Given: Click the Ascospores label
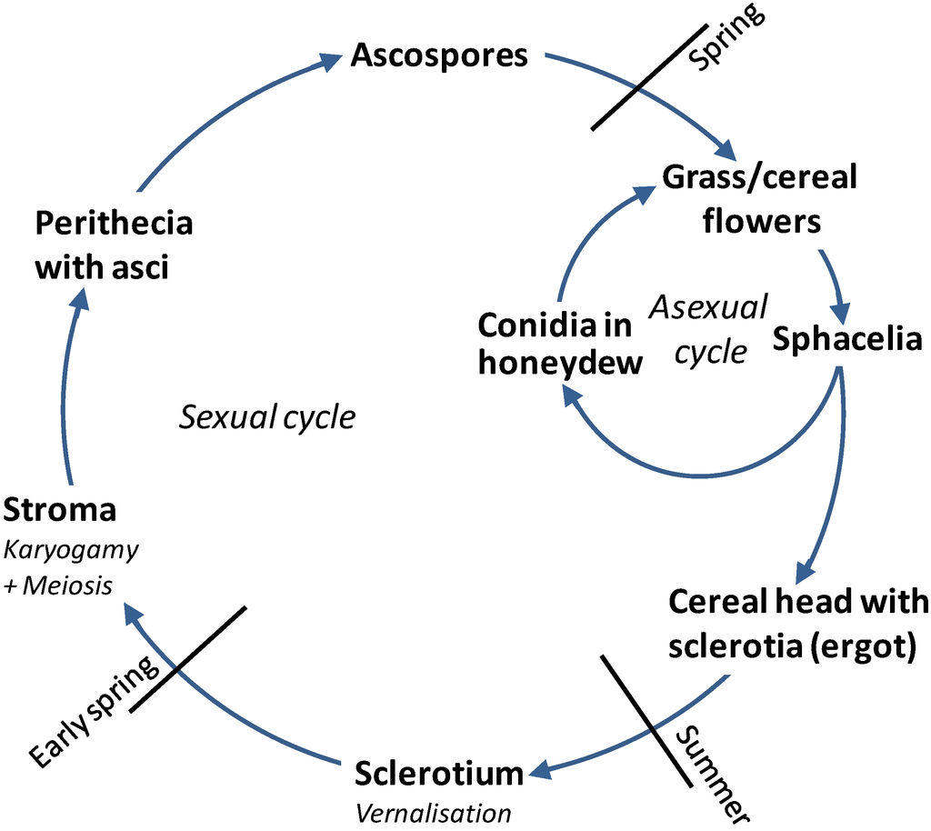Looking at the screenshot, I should pyautogui.click(x=439, y=55).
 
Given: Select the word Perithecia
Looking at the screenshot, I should pyautogui.click(x=114, y=224).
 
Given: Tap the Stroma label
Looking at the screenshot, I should pyautogui.click(x=60, y=510).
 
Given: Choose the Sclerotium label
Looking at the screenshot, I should pyautogui.click(x=439, y=774).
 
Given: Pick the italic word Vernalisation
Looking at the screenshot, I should pyautogui.click(x=433, y=812).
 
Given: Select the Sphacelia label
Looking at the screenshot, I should pyautogui.click(x=847, y=339).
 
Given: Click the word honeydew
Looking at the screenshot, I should pyautogui.click(x=561, y=362).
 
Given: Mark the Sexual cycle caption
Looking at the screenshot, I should pyautogui.click(x=266, y=417).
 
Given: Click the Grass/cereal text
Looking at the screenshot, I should pyautogui.click(x=759, y=176).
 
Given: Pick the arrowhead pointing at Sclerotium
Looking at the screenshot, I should pyautogui.click(x=540, y=773).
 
